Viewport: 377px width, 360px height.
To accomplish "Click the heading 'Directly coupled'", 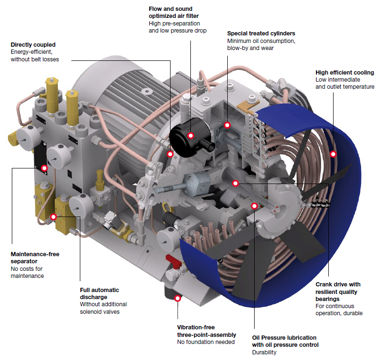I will pos(34,45).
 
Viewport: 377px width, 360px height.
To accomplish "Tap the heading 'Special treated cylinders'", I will pos(261,33).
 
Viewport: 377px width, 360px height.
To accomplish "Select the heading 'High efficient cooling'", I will pos(344,73).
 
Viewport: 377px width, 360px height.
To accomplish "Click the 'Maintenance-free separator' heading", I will pos(35,258).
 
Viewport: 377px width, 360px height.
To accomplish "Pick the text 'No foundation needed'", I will pos(206,342).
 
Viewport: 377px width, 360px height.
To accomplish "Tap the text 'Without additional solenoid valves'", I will pos(103,308).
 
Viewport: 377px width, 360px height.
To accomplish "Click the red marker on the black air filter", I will pos(191,136).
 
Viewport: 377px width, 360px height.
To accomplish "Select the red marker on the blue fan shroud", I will pos(333,154).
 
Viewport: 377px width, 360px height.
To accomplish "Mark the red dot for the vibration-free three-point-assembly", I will pos(178,298).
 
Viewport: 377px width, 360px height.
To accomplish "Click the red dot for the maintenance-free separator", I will pos(44,167).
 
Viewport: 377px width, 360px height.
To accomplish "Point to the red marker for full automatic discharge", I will pos(53,217).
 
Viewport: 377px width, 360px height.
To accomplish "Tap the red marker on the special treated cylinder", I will pos(227,125).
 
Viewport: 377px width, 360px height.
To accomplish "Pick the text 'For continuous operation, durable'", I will pos(339,310).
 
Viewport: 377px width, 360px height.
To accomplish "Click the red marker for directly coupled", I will pos(171,154).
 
